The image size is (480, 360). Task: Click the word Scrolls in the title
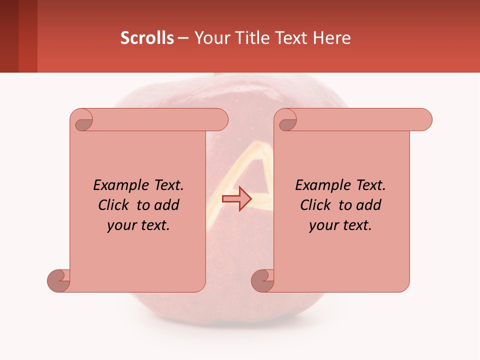147,38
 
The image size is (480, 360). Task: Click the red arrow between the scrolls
236,199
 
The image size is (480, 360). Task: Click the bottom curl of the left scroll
59,280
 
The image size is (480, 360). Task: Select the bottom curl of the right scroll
263,280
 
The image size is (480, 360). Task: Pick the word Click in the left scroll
114,205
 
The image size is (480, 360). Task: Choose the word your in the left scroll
120,225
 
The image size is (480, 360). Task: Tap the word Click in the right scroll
316,205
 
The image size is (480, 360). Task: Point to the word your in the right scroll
322,225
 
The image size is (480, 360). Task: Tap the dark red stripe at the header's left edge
9,36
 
